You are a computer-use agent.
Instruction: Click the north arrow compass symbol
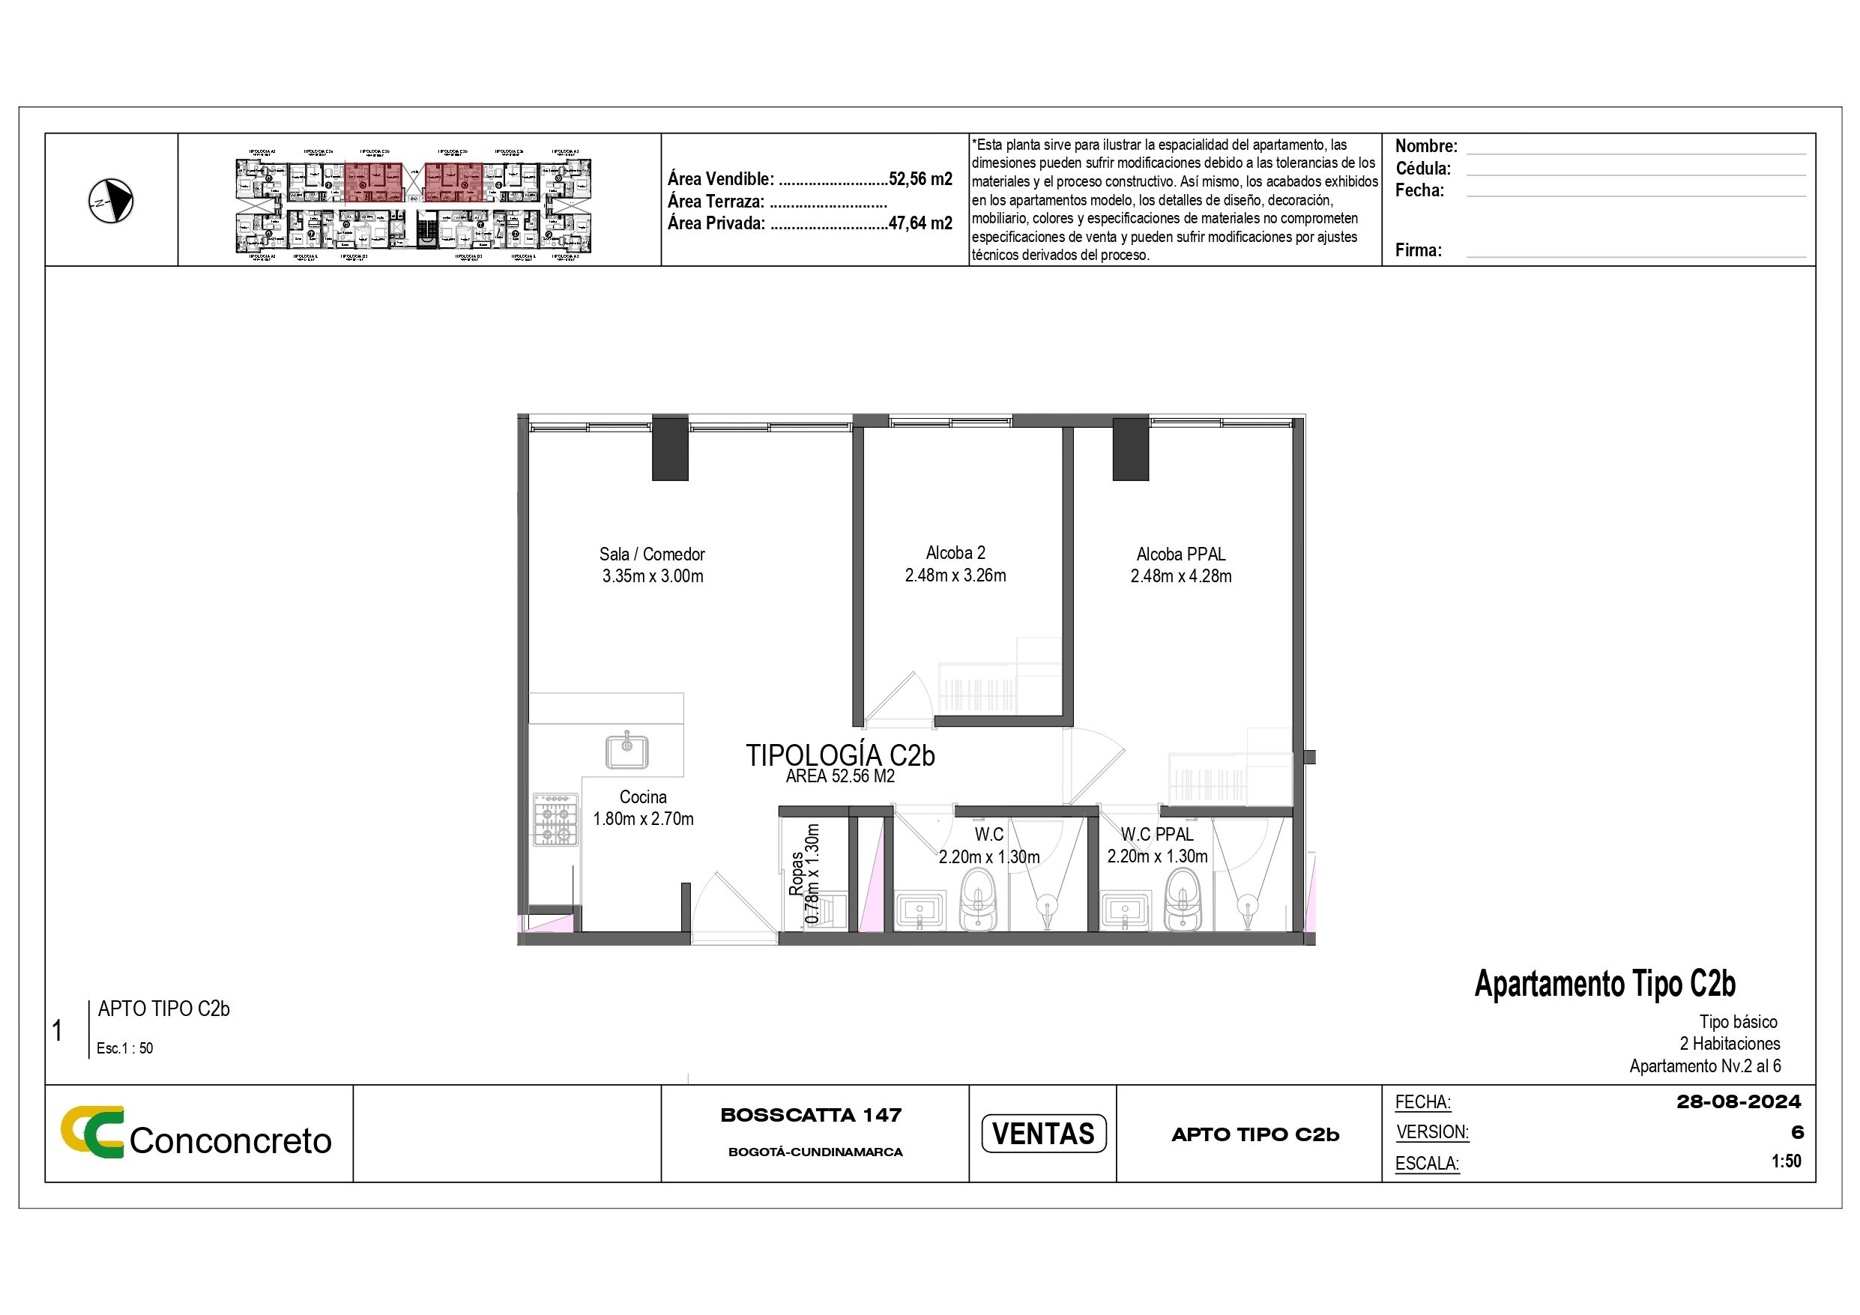click(111, 201)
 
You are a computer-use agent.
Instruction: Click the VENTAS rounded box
click(1042, 1133)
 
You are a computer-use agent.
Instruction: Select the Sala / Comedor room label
click(651, 554)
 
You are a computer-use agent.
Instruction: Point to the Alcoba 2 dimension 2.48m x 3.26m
click(955, 575)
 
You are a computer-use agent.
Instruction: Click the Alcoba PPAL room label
click(1180, 554)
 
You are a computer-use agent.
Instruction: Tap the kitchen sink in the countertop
click(627, 750)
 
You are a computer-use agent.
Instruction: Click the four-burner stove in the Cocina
click(556, 820)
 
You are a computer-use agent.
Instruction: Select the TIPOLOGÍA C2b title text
click(840, 755)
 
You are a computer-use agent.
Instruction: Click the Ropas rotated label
click(797, 873)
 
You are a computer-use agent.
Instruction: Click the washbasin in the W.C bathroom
click(920, 910)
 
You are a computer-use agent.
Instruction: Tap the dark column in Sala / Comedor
click(670, 448)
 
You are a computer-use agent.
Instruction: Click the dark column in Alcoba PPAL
click(1130, 448)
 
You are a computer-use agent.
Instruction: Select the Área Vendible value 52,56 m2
click(920, 179)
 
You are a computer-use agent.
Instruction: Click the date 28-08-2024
click(1739, 1102)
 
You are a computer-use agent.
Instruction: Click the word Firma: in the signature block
click(1418, 250)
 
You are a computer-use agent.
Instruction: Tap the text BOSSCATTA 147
click(811, 1115)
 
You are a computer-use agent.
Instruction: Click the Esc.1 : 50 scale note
click(124, 1048)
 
